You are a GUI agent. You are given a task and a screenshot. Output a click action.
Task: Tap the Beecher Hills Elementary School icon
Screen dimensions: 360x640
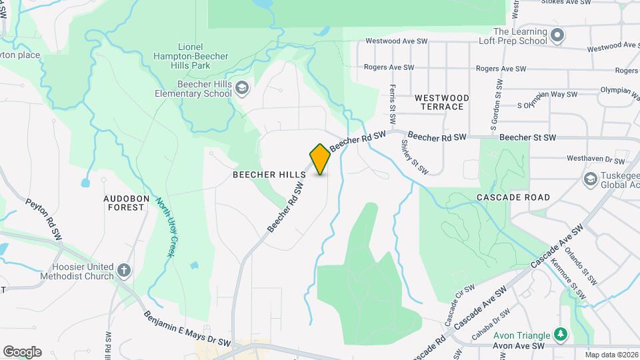(x=243, y=89)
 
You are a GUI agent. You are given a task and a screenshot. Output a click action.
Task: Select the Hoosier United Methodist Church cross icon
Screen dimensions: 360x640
(x=123, y=270)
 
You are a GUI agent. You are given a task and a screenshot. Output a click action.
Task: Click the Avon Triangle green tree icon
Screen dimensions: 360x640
(x=561, y=334)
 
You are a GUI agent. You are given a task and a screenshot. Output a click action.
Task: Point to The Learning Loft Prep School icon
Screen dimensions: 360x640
(x=558, y=34)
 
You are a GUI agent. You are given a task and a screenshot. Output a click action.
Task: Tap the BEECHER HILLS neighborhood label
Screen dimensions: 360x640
(x=269, y=175)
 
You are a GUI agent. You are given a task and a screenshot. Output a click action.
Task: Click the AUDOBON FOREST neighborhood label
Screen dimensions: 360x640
(x=124, y=203)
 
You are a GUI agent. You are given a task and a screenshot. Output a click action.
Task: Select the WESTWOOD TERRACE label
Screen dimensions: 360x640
(x=441, y=102)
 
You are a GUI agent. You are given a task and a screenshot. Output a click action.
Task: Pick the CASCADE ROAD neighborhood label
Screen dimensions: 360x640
(x=513, y=197)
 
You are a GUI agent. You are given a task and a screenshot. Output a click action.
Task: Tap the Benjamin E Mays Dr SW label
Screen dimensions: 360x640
(x=187, y=329)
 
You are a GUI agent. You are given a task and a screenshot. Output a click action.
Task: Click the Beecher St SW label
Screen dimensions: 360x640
(x=527, y=137)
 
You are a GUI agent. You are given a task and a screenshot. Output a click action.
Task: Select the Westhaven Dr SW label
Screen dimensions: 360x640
(x=595, y=160)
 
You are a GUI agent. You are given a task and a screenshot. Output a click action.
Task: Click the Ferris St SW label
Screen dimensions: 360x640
(x=393, y=103)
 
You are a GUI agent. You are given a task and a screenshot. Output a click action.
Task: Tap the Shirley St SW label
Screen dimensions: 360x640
(x=414, y=157)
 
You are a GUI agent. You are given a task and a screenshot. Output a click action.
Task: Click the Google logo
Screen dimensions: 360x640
(x=22, y=352)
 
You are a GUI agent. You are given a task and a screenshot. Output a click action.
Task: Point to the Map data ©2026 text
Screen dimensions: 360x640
(x=612, y=355)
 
